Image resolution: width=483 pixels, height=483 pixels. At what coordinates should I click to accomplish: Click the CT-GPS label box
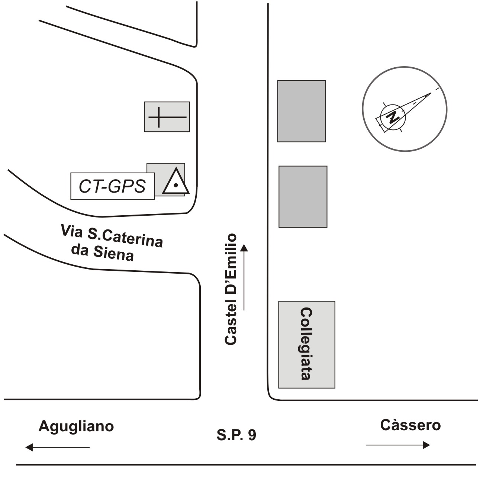(113, 186)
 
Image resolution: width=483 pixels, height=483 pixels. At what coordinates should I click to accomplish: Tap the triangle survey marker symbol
(176, 181)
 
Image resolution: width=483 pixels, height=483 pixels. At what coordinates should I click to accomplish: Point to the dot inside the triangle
(176, 185)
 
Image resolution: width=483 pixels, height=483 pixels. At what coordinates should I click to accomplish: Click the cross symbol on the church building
(167, 117)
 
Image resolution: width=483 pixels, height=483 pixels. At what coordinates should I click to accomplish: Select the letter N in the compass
(393, 117)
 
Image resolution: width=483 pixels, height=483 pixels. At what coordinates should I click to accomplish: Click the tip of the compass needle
(431, 93)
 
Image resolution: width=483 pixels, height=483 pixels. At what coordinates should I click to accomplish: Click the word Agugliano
(76, 426)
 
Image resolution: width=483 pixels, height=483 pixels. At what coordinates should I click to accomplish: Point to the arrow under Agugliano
(57, 447)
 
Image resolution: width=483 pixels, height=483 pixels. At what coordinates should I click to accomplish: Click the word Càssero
(410, 425)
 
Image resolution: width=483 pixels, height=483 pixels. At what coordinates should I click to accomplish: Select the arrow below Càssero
(398, 445)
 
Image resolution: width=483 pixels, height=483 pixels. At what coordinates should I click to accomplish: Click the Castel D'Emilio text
(231, 289)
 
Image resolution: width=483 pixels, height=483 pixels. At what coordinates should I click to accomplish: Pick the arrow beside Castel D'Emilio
(244, 277)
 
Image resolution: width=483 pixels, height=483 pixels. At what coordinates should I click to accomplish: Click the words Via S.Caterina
(112, 236)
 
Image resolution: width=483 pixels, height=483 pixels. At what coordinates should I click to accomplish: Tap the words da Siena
(103, 252)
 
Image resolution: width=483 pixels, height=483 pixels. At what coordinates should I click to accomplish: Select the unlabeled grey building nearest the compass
(302, 111)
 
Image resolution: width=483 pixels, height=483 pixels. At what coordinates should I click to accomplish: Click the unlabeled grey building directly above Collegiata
(303, 196)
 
